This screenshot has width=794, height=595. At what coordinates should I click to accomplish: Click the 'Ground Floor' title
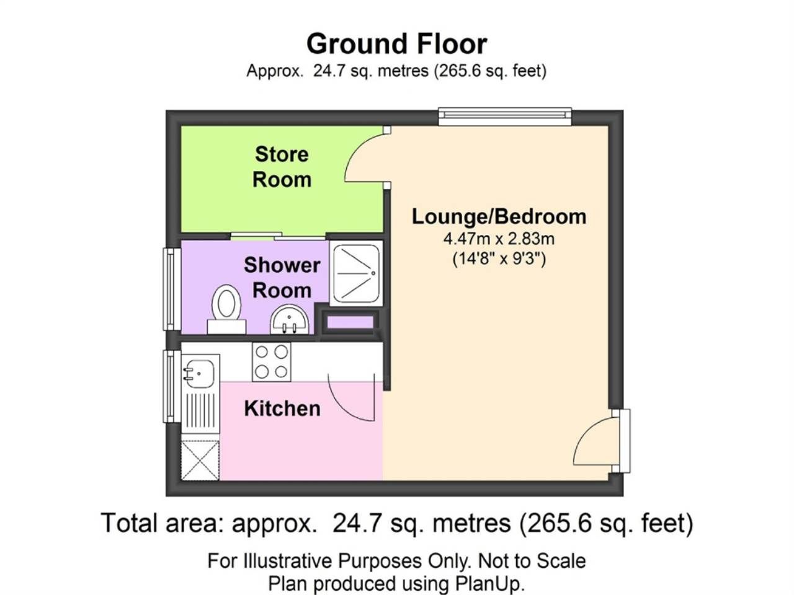[x=396, y=44]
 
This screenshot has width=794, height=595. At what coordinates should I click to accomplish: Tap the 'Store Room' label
[x=282, y=167]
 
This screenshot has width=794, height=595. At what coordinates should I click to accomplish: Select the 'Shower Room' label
[x=282, y=277]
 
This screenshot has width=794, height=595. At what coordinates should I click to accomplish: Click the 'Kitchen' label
[x=282, y=408]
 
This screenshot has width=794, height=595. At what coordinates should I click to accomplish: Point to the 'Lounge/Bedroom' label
[x=499, y=216]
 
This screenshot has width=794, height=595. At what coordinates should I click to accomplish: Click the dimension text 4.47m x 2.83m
[x=499, y=238]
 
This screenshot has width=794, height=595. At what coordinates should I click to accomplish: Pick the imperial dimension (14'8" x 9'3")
[x=499, y=258]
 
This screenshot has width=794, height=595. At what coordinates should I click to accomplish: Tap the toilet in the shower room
[x=226, y=308]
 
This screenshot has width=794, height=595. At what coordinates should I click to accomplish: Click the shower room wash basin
[x=290, y=322]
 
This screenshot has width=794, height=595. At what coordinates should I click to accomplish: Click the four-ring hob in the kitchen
[x=272, y=362]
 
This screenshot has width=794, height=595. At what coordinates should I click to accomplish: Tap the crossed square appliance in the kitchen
[x=200, y=459]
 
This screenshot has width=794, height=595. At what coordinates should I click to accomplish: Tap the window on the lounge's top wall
[x=504, y=115]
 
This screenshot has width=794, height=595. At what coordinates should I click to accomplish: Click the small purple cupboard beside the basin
[x=350, y=322]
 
